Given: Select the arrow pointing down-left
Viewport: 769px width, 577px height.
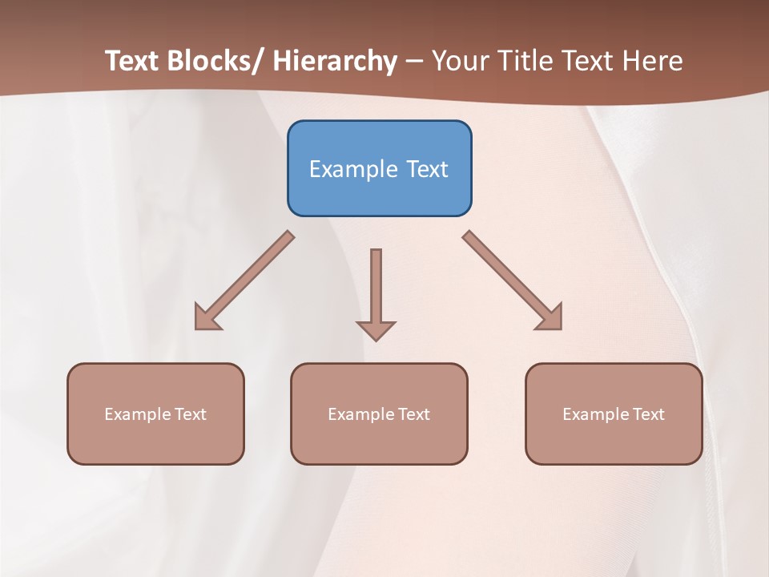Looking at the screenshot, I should [x=244, y=280].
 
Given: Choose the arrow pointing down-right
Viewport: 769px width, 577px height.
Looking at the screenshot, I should [x=513, y=280].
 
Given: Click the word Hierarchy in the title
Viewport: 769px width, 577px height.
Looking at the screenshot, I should [x=335, y=61].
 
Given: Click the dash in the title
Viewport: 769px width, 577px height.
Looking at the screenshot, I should [x=414, y=61].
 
